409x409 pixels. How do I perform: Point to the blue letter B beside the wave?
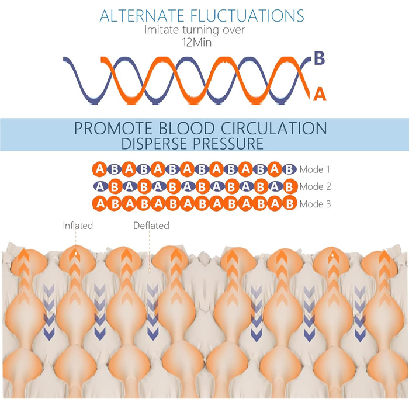pyautogui.click(x=320, y=58)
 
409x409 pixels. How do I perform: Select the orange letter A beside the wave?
pyautogui.click(x=320, y=93)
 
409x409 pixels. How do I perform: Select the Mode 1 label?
pyautogui.click(x=315, y=170)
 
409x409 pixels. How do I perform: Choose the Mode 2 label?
pyautogui.click(x=315, y=187)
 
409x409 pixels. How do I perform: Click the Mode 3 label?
pyautogui.click(x=315, y=204)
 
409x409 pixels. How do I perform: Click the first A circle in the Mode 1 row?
pyautogui.click(x=100, y=170)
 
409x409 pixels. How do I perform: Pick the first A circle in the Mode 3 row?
pyautogui.click(x=100, y=204)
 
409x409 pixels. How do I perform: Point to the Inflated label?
pyautogui.click(x=78, y=225)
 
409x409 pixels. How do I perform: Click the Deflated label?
pyautogui.click(x=151, y=226)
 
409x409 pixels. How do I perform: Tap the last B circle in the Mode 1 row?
pyautogui.click(x=289, y=170)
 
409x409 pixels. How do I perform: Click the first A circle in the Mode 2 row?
pyautogui.click(x=100, y=187)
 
